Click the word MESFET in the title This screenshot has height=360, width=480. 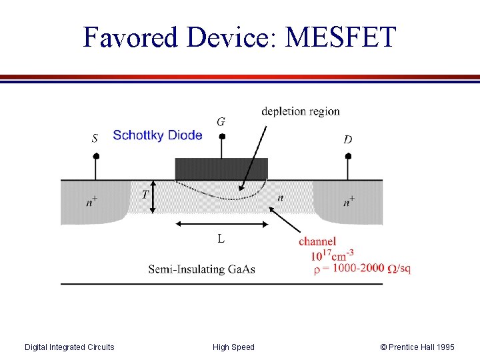340,37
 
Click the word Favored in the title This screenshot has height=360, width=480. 131,37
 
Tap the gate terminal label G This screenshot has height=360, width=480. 221,122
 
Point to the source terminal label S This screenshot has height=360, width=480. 95,139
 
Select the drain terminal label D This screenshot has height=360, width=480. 347,139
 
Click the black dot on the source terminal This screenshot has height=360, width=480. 96,156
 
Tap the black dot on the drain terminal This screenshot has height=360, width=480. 347,156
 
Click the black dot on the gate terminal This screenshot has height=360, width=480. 222,137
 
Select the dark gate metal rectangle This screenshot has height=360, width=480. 221,169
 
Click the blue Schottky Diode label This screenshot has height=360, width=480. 157,135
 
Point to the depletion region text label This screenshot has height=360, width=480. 301,111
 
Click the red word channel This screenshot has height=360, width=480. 317,241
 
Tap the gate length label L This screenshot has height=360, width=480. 221,238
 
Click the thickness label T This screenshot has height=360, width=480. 145,195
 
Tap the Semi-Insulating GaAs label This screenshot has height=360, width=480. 201,269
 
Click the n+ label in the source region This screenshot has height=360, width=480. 91,202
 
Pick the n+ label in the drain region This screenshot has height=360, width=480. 349,202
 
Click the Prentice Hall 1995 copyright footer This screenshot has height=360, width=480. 417,347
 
